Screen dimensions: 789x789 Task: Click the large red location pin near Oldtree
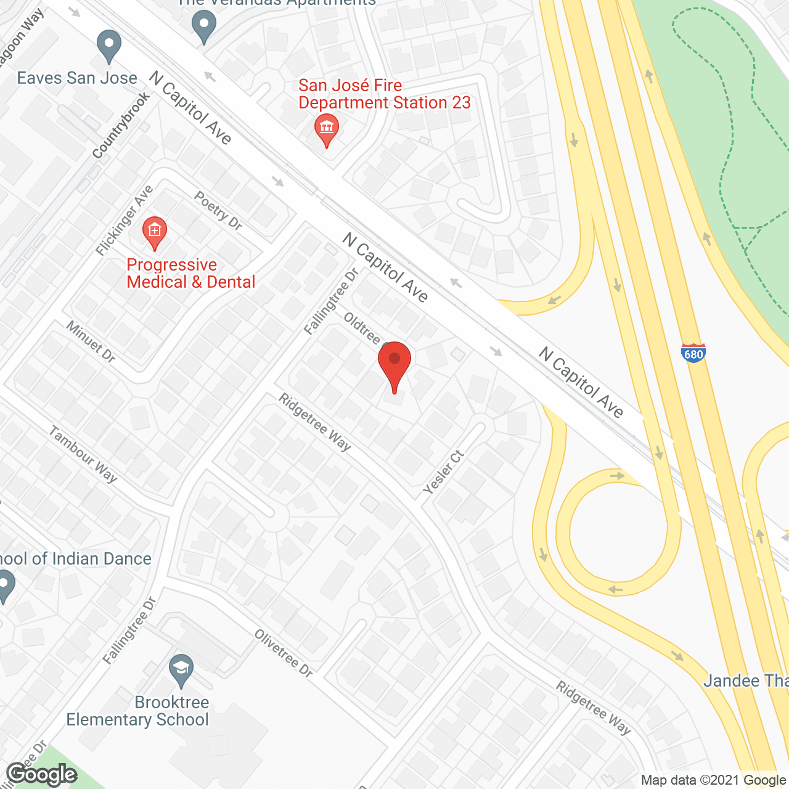coord(394,364)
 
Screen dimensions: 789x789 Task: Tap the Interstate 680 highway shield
coord(693,353)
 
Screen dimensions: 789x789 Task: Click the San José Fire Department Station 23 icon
coord(326,129)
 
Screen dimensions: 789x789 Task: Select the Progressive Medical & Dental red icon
coord(154,232)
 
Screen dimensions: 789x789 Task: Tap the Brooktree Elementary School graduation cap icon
coord(181,669)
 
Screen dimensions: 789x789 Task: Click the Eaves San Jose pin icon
coord(109,46)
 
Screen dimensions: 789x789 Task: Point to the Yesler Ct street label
coord(444,472)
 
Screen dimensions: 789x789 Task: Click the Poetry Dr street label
coord(218,210)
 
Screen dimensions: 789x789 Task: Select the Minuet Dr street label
coord(91,341)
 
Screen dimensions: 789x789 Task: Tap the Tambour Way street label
coord(83,454)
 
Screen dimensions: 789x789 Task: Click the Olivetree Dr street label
coord(284,653)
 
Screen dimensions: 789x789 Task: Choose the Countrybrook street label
coord(121,126)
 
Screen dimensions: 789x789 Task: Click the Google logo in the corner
coord(42,774)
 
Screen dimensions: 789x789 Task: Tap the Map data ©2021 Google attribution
coord(713,780)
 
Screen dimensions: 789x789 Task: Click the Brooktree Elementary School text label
coord(137,711)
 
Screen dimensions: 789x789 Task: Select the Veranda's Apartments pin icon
coord(203,27)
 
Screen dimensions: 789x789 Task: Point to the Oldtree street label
coord(362,328)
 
